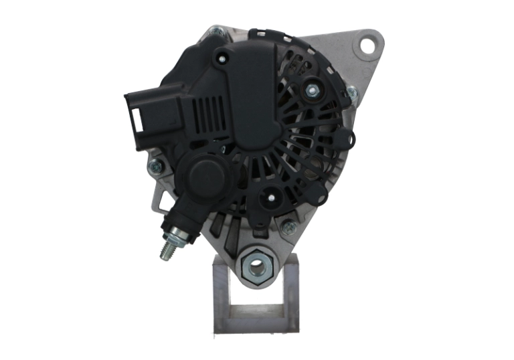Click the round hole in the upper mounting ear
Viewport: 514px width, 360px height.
click(367, 45)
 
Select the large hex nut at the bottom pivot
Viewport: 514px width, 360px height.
click(256, 266)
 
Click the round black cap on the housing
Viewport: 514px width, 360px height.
click(205, 176)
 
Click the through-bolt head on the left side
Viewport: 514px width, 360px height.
click(155, 165)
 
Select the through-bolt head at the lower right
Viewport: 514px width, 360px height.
click(289, 227)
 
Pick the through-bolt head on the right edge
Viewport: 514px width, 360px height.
click(352, 94)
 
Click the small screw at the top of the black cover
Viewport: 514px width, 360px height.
click(220, 59)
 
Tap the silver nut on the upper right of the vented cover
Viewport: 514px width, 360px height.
click(312, 88)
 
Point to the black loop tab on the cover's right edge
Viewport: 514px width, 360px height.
click(345, 139)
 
